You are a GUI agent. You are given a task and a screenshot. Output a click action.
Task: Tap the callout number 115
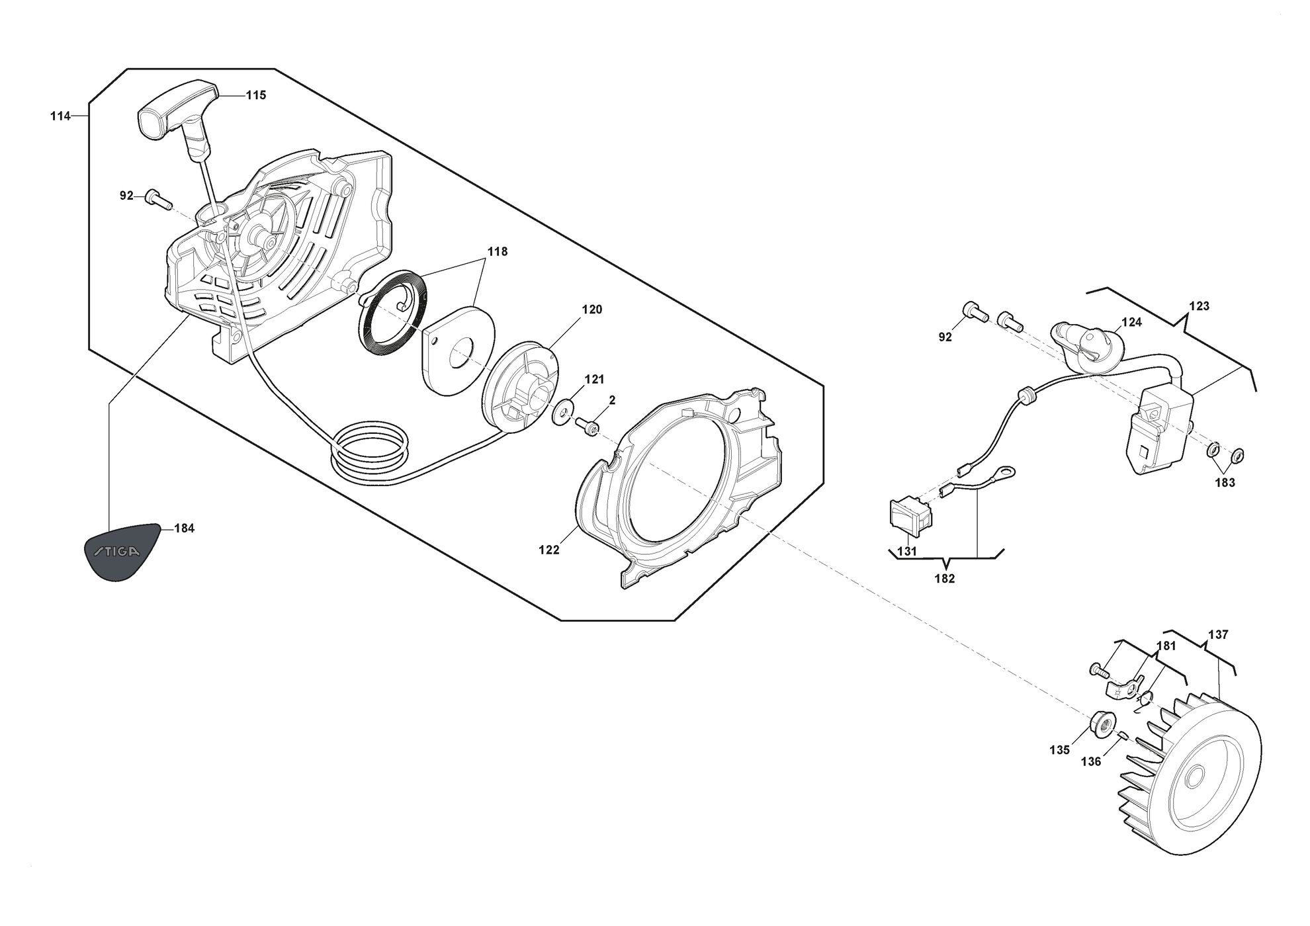[x=255, y=95]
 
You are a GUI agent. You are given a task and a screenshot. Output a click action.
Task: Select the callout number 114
[x=60, y=116]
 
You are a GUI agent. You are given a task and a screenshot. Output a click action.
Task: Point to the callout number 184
[x=184, y=528]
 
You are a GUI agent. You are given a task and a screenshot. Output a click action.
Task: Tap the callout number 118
[x=498, y=251]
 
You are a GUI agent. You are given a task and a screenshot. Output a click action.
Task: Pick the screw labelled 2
[x=587, y=425]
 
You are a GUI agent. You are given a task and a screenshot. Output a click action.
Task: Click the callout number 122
[x=549, y=550]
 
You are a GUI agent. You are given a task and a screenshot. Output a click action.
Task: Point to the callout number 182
[x=944, y=579]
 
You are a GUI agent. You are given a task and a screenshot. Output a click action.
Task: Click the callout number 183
[x=1225, y=483]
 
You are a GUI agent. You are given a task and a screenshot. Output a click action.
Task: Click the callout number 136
[x=1091, y=762]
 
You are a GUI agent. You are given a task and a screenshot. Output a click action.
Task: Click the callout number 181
[x=1166, y=646]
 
